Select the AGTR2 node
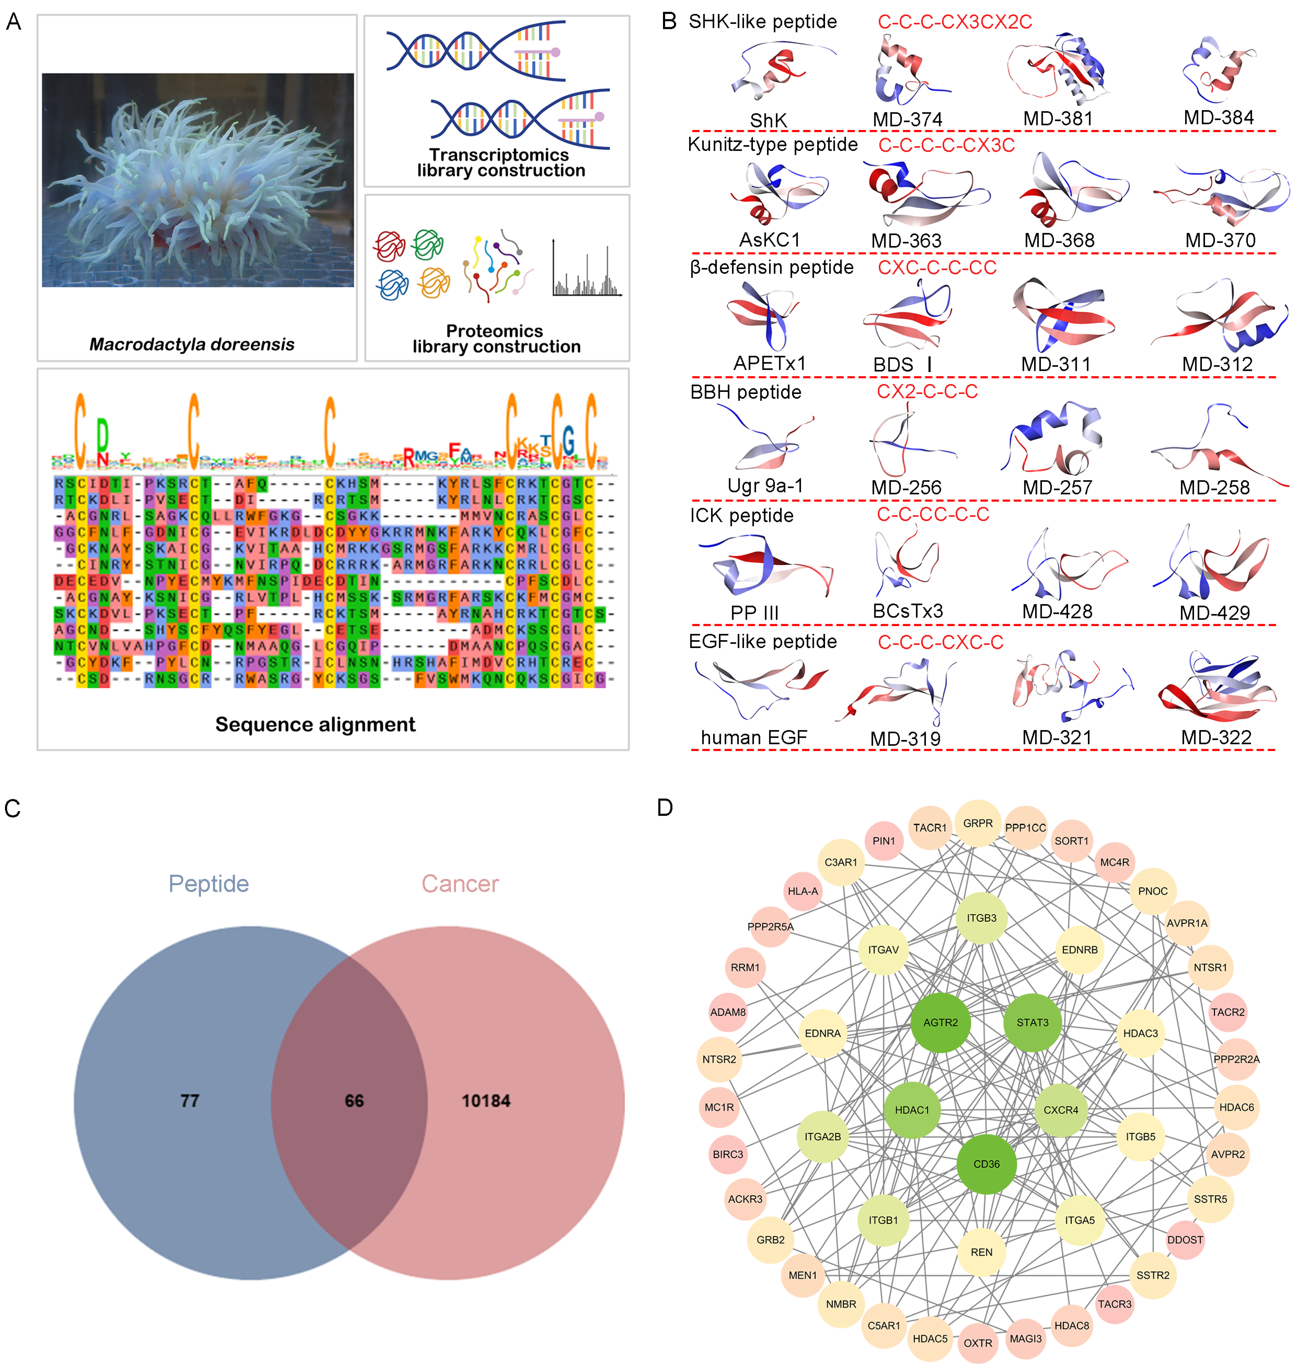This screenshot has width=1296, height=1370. pos(940,1022)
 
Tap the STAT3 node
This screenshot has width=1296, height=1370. pos(1032,1022)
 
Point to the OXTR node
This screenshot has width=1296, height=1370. pos(977,1343)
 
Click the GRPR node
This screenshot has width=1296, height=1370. pos(977,823)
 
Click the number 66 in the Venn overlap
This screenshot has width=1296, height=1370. pos(354,1101)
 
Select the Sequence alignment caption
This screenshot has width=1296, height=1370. pos(315,724)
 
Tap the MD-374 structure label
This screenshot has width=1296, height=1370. pos(907,120)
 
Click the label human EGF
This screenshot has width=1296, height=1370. pos(754,737)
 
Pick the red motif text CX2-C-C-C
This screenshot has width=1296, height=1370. pos(927,391)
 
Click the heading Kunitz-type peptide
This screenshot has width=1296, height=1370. pos(772,145)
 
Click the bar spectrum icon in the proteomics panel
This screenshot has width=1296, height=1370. pos(587,269)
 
